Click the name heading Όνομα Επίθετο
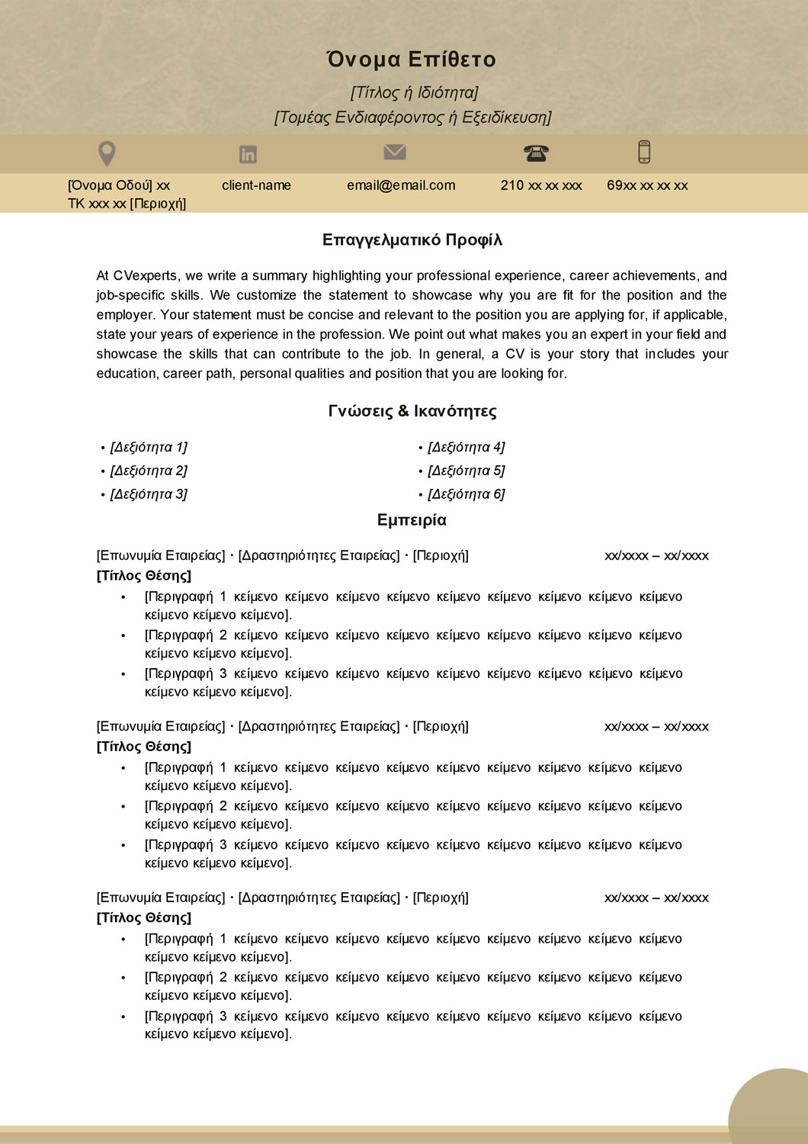(411, 59)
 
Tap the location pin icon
(107, 153)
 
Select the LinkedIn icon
(248, 154)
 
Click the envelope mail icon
(394, 153)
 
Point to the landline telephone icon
(536, 153)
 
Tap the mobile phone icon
(644, 152)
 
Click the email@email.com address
(401, 185)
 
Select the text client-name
(256, 185)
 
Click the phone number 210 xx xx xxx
(541, 185)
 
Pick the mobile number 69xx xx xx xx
(647, 185)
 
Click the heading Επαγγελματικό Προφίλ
(412, 240)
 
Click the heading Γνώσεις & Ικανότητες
(412, 411)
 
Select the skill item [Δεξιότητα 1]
(149, 447)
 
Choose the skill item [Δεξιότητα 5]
(466, 471)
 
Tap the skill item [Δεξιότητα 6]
(466, 494)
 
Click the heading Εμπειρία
(412, 520)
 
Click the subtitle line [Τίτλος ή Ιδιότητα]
(414, 92)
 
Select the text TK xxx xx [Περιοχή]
(127, 204)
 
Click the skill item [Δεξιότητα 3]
(149, 494)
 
